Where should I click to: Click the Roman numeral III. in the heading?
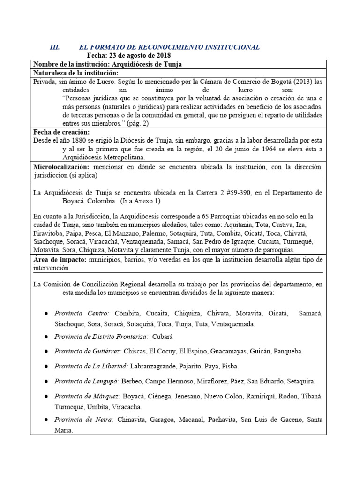(55, 47)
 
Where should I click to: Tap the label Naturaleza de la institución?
(75, 73)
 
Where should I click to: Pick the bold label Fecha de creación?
(61, 133)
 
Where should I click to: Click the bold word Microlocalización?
(61, 167)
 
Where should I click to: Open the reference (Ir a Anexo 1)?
(141, 201)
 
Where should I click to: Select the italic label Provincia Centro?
(82, 313)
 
